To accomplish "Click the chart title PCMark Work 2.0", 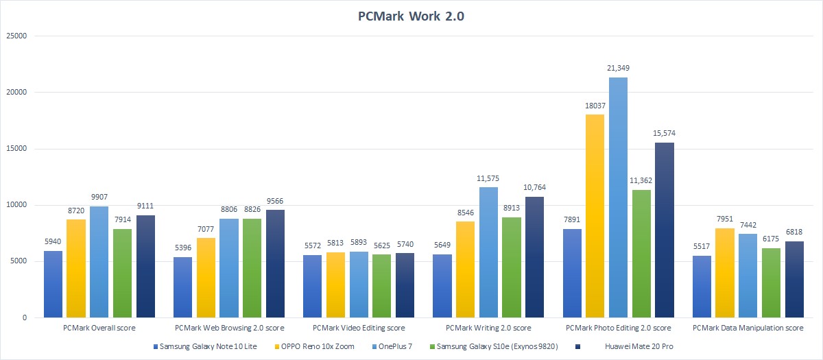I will [411, 16].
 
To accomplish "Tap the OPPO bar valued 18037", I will [595, 216].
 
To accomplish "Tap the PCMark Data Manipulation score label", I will [748, 328].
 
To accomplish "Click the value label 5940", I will [53, 241].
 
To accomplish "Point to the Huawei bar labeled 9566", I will [275, 264].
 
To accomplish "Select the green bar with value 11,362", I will [641, 254].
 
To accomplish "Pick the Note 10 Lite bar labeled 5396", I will [182, 287].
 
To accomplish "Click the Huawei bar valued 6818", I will [794, 279].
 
